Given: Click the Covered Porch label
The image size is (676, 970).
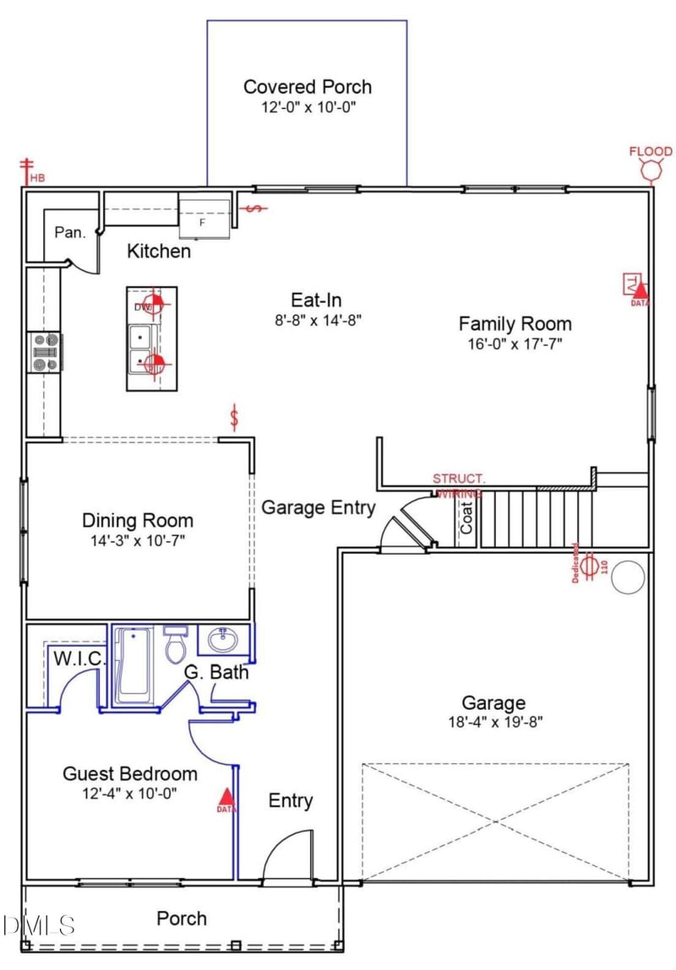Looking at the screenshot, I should (308, 87).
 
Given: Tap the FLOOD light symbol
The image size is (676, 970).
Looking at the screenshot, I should (651, 169).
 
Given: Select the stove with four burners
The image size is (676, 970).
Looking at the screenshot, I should (46, 352).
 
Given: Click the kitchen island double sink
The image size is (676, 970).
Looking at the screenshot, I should (140, 350).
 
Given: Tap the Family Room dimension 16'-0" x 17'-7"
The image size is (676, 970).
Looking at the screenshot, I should (515, 344).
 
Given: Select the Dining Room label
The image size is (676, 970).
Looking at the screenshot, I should (138, 521).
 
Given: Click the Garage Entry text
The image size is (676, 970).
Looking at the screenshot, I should (318, 507).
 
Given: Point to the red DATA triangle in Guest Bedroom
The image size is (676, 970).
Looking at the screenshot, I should (226, 798).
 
